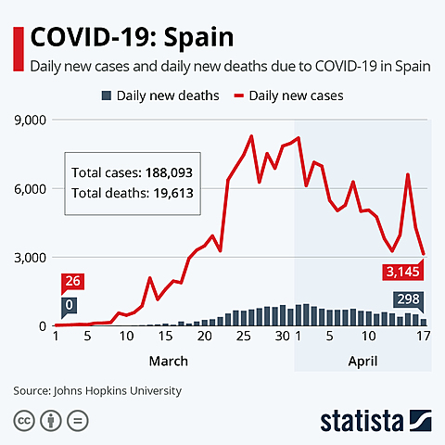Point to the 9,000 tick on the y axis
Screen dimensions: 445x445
30,120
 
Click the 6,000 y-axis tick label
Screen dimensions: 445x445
30,188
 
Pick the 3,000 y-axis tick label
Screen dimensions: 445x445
30,257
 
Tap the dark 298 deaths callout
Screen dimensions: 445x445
408,299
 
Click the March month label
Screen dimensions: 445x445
168,361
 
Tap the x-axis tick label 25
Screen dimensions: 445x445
244,336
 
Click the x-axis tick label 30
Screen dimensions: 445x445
282,336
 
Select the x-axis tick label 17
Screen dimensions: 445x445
424,336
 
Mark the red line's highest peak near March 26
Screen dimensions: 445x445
251,136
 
